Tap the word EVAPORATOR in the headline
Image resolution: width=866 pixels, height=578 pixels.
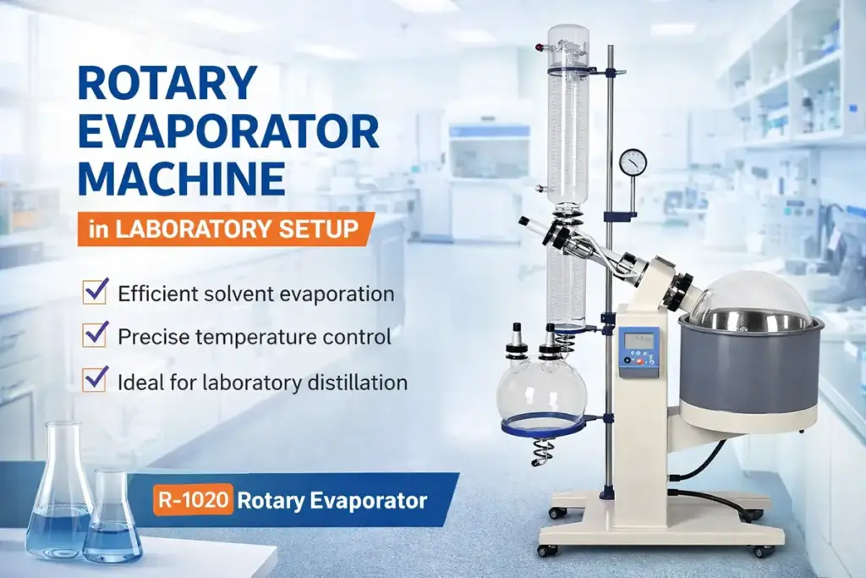tap(227, 132)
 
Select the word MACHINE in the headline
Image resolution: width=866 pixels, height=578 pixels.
tap(181, 179)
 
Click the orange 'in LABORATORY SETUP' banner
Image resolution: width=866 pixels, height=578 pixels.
tap(225, 228)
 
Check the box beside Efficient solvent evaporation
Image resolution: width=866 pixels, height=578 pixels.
tap(94, 292)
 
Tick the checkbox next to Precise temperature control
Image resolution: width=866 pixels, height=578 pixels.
tap(94, 334)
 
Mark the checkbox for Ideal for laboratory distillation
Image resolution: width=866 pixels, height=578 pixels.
tap(94, 378)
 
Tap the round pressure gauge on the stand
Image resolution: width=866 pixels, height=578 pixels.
tap(632, 161)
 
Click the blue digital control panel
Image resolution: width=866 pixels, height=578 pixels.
tap(639, 351)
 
